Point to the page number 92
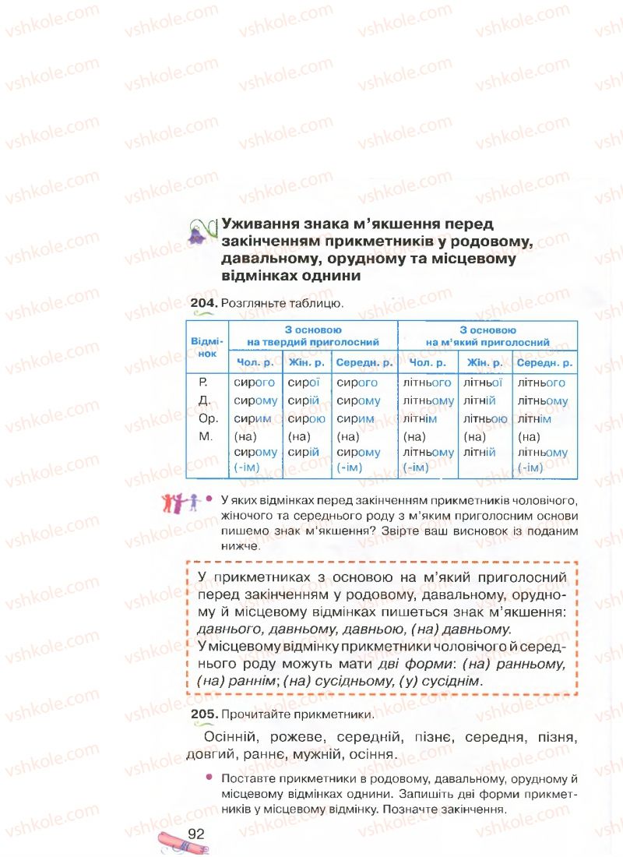tap(195, 834)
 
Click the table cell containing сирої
tap(304, 383)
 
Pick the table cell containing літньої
tap(482, 383)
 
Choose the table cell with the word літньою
tap(485, 418)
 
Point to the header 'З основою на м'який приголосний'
tap(487, 336)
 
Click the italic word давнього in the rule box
tap(231, 628)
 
